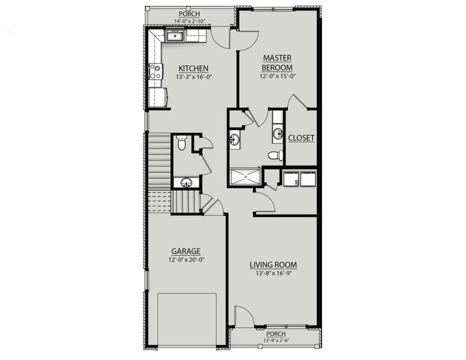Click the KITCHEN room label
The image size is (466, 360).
tap(193, 68)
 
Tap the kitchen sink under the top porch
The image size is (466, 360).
tap(175, 37)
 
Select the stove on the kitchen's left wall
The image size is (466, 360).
tap(155, 71)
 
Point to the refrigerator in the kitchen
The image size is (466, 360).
tap(158, 97)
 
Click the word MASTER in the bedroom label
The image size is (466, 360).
tap(277, 58)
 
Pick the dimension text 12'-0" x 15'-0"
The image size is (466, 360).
tap(277, 76)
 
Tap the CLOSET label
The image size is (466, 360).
tap(300, 138)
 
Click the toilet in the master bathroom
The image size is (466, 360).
tap(275, 155)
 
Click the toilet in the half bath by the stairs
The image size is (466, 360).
tap(182, 143)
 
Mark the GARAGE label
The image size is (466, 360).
tap(185, 251)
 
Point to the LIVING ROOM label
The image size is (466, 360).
tap(273, 265)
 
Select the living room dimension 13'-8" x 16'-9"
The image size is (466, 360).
tap(273, 274)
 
